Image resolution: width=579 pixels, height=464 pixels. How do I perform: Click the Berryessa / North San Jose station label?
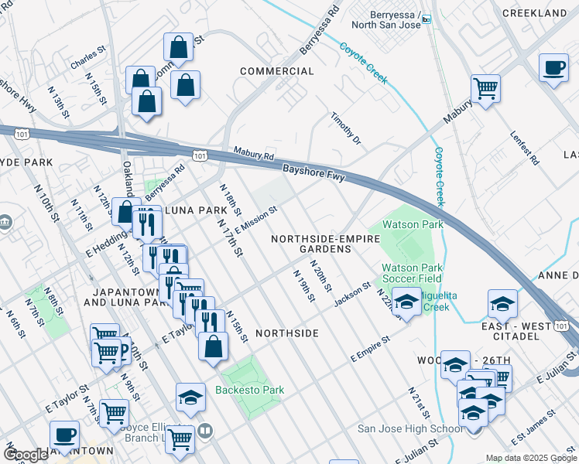point(385,20)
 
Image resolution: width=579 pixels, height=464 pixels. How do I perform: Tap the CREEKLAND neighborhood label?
point(534,14)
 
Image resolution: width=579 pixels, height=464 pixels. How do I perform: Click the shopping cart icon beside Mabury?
point(485,88)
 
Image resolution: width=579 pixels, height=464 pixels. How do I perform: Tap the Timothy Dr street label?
point(346,128)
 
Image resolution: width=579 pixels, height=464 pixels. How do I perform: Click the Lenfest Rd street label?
point(525,146)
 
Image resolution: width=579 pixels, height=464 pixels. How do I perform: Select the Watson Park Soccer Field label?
point(412,273)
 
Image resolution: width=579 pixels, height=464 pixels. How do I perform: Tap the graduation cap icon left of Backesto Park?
point(190,397)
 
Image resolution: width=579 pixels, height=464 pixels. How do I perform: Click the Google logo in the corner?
point(26,455)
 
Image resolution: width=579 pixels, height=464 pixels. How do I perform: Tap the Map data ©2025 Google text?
point(531,458)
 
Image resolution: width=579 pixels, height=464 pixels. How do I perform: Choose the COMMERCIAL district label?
point(277,71)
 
